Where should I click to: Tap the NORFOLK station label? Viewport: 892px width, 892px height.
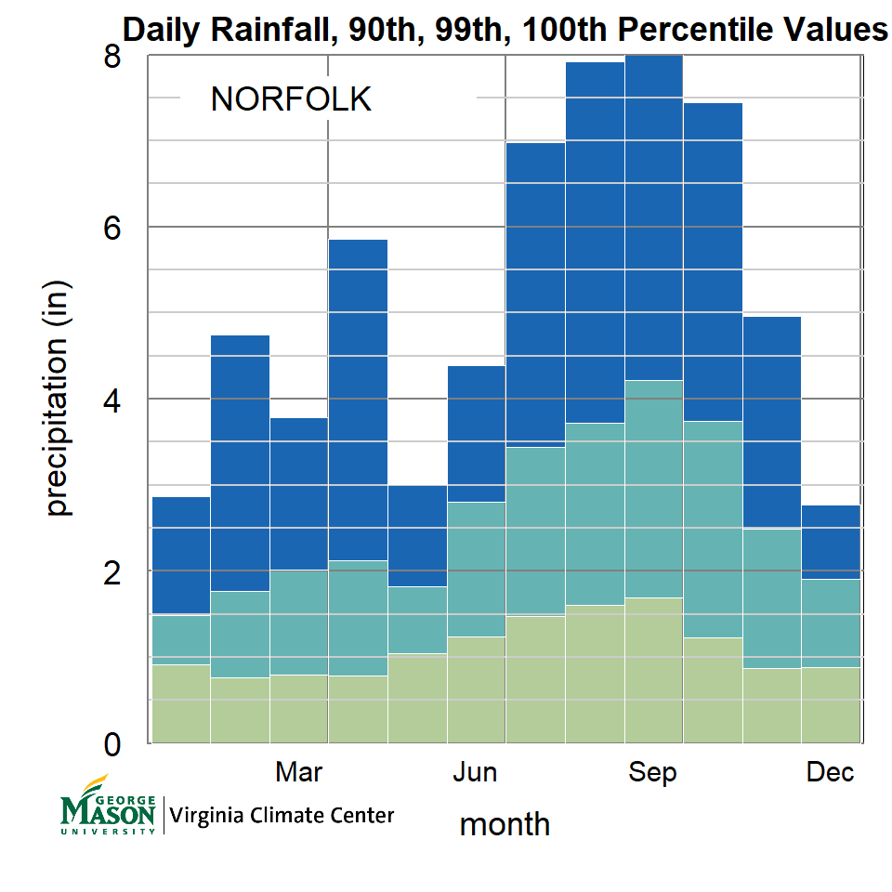coord(291,99)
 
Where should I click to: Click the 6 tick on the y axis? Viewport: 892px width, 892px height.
coord(112,228)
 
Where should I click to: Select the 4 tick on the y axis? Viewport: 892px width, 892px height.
coord(112,400)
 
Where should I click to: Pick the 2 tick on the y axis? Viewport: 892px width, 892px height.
coord(112,571)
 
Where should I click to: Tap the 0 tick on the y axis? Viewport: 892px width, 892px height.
coord(112,743)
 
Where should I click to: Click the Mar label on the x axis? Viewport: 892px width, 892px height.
coord(299,772)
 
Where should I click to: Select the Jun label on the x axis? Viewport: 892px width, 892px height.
coord(475,772)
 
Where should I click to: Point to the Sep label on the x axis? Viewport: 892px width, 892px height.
coord(653,772)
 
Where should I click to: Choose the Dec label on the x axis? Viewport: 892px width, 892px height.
coord(830,772)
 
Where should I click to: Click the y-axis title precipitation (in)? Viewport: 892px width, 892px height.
coord(58,399)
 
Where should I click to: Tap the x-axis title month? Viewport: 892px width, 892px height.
coord(505,823)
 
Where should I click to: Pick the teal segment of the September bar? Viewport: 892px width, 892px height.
coord(654,488)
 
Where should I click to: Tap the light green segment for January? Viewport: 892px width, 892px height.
coord(180,703)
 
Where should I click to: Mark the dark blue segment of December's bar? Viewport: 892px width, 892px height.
coord(831,542)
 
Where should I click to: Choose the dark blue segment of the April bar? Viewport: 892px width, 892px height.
coord(358,400)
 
